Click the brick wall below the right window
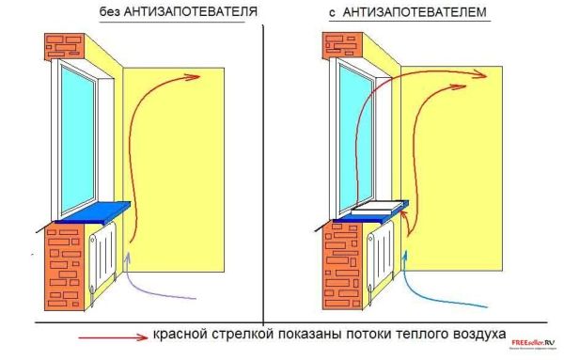[341, 268]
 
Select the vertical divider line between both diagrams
[264, 169]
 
